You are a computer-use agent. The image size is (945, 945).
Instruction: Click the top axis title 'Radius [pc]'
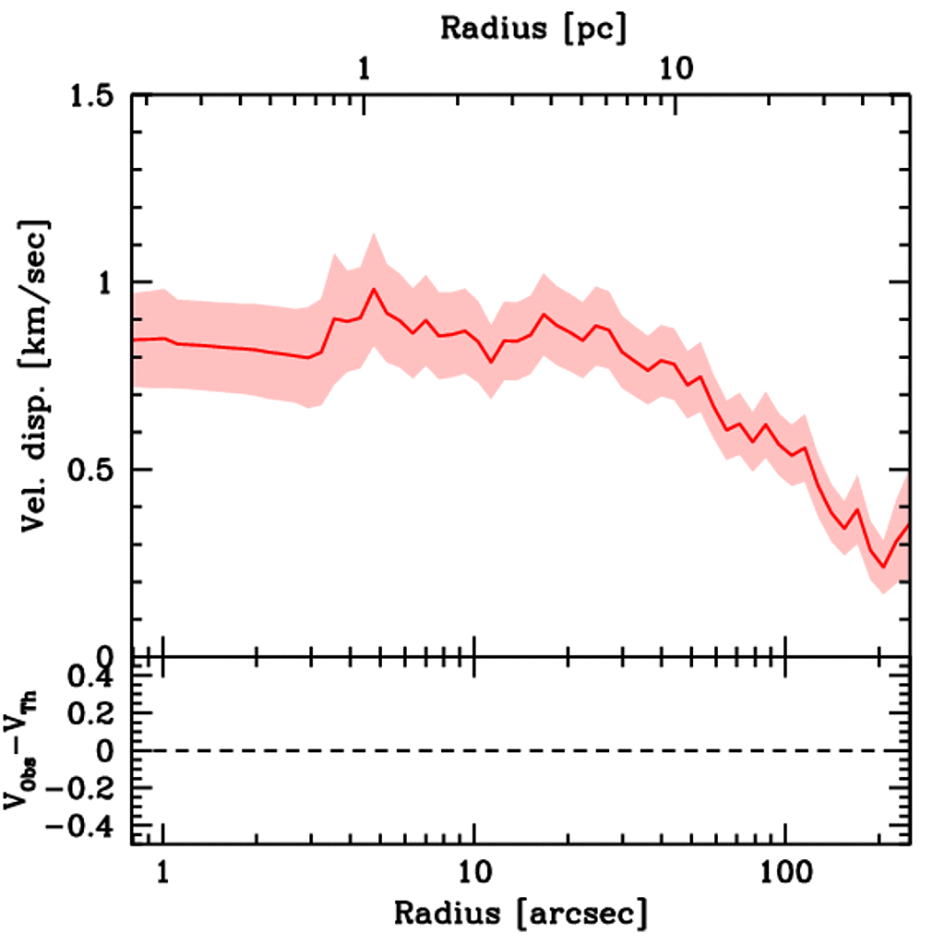click(533, 27)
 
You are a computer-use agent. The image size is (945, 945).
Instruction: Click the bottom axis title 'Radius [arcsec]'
click(520, 913)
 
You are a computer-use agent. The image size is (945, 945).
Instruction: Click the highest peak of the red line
click(374, 289)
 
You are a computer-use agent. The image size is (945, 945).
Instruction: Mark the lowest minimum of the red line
click(883, 567)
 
